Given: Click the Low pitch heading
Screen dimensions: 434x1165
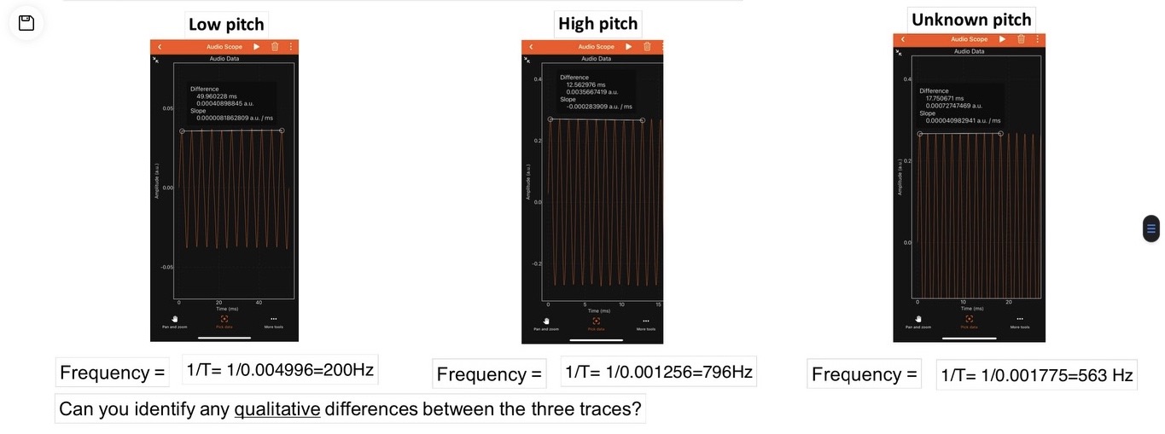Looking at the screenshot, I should click(226, 24).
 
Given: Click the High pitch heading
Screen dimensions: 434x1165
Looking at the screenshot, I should click(597, 23).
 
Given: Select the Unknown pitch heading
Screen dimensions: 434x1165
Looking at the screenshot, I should click(971, 20).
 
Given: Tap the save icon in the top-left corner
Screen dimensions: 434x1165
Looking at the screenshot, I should click(26, 23).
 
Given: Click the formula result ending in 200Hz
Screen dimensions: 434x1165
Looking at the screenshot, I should click(280, 371).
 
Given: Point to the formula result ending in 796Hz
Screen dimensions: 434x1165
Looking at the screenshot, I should click(658, 372).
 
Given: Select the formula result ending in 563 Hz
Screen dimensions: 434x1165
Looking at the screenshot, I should click(1036, 375).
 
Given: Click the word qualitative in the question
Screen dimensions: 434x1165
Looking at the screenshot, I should click(277, 409).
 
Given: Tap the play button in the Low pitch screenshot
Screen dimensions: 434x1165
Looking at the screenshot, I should click(256, 47).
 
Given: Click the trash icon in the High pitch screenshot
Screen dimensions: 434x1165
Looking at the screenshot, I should click(647, 47).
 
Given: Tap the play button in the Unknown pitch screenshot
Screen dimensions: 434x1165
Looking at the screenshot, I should click(1003, 39).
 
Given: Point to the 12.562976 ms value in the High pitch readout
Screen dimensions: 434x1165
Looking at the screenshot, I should click(585, 84).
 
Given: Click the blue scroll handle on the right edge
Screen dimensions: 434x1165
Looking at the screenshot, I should click(1150, 228).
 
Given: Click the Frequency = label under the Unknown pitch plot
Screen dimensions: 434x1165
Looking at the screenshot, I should click(864, 374).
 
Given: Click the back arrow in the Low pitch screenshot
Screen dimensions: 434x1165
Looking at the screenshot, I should click(160, 47).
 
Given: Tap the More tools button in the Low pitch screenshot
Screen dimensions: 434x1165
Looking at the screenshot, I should click(274, 322).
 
